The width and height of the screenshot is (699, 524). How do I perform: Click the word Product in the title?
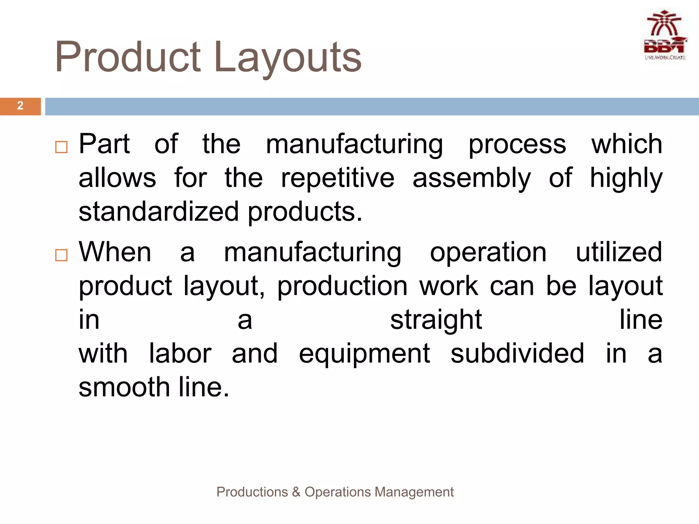click(128, 57)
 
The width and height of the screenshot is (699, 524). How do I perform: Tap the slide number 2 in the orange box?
click(20, 106)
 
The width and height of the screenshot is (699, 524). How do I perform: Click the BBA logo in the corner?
click(665, 36)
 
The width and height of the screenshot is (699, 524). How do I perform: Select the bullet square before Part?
click(61, 147)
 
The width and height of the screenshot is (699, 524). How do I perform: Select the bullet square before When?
click(61, 255)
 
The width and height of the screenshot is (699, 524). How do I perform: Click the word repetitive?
click(338, 178)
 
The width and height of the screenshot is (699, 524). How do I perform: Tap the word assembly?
click(472, 178)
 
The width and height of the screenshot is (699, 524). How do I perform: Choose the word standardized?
click(159, 212)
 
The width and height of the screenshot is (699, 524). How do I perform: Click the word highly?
click(626, 178)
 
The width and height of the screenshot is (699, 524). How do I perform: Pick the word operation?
click(488, 252)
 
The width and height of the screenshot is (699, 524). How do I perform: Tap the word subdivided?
click(517, 354)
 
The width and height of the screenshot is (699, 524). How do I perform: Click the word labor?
click(180, 354)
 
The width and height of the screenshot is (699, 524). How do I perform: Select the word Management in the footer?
click(414, 492)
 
